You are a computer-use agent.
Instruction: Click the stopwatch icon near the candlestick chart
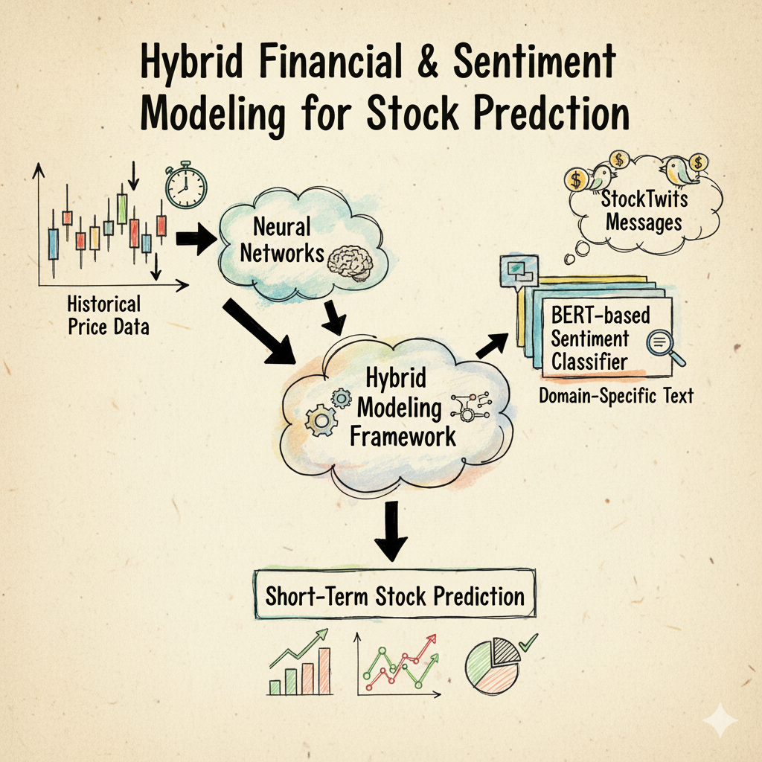(x=185, y=185)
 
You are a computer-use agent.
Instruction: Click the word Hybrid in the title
(x=191, y=63)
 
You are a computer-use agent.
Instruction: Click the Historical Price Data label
(x=108, y=316)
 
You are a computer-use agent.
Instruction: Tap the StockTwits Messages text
(x=644, y=211)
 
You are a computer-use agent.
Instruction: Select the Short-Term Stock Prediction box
(x=394, y=594)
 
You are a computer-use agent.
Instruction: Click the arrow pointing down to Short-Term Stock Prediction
(x=391, y=531)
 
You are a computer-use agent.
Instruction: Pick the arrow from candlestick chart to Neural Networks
(x=196, y=239)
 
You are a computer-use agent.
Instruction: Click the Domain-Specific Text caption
(x=616, y=396)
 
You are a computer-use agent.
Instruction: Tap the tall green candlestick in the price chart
(x=122, y=209)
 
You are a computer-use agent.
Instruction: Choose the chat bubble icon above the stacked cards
(x=519, y=272)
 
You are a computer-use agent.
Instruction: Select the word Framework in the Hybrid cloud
(x=403, y=436)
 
